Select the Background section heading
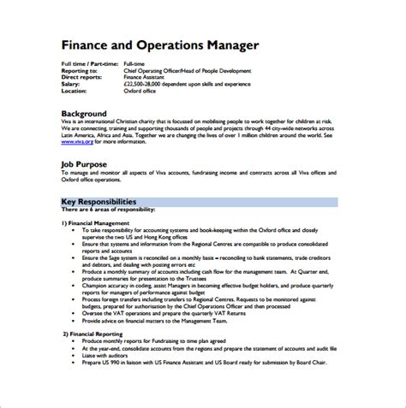[84, 114]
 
